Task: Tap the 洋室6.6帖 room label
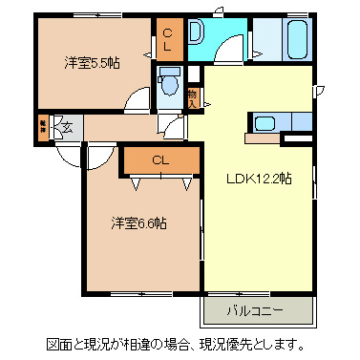click(138, 222)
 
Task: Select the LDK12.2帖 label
click(258, 178)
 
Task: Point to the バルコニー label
click(257, 310)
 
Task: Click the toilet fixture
click(171, 84)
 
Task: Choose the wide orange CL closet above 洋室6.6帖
click(159, 161)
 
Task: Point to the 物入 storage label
click(193, 95)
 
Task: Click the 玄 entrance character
click(67, 124)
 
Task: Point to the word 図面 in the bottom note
click(59, 344)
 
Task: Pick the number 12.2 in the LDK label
click(268, 178)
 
